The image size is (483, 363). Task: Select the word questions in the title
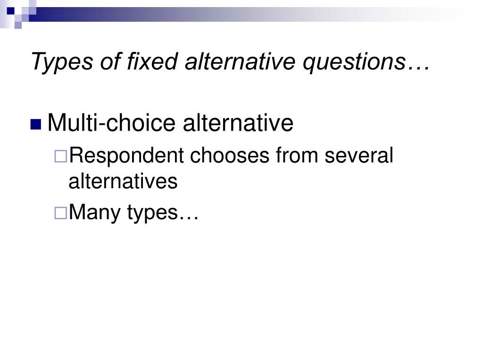[354, 61]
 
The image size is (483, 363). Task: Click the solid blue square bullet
[36, 124]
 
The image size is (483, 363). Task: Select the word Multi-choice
[112, 123]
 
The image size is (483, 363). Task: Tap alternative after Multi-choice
[238, 123]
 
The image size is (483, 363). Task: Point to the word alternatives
[123, 181]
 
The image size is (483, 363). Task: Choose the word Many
[95, 213]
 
